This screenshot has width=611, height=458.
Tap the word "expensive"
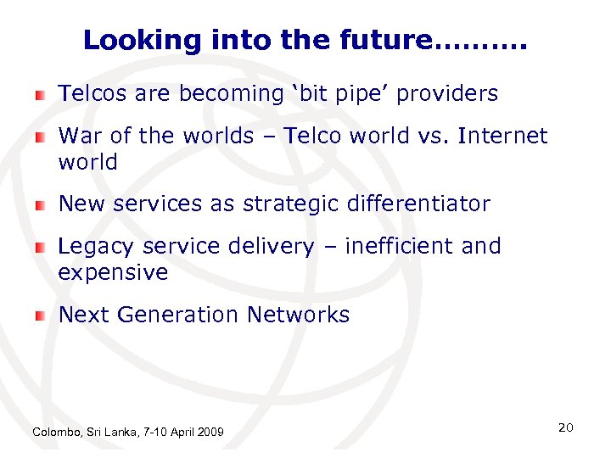[113, 273]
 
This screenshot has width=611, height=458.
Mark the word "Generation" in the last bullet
[178, 315]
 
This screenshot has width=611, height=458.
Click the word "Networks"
[298, 315]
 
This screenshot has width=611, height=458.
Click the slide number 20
[566, 427]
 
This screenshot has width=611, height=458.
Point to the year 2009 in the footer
[210, 433]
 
